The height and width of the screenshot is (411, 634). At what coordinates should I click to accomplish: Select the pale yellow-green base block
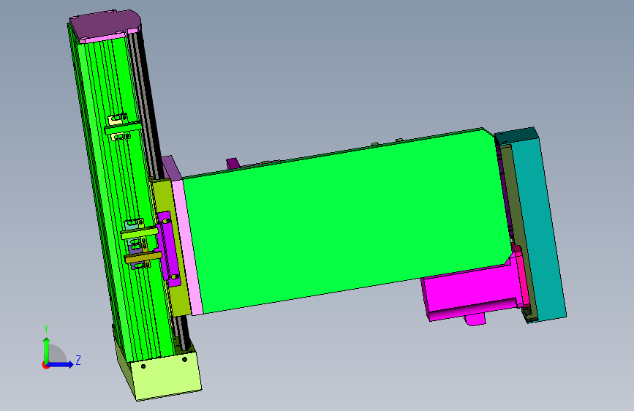pyautogui.click(x=162, y=374)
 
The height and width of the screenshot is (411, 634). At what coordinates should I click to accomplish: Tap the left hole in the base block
pyautogui.click(x=143, y=366)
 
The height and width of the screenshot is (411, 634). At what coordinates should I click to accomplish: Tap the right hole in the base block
pyautogui.click(x=185, y=359)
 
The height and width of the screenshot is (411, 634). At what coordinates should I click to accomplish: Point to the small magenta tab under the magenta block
pyautogui.click(x=475, y=319)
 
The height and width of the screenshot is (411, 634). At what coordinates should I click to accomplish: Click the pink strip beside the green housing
pyautogui.click(x=188, y=246)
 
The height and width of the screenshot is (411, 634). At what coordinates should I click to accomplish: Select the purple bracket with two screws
pyautogui.click(x=169, y=249)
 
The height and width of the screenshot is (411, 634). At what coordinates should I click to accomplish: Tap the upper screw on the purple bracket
pyautogui.click(x=166, y=222)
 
